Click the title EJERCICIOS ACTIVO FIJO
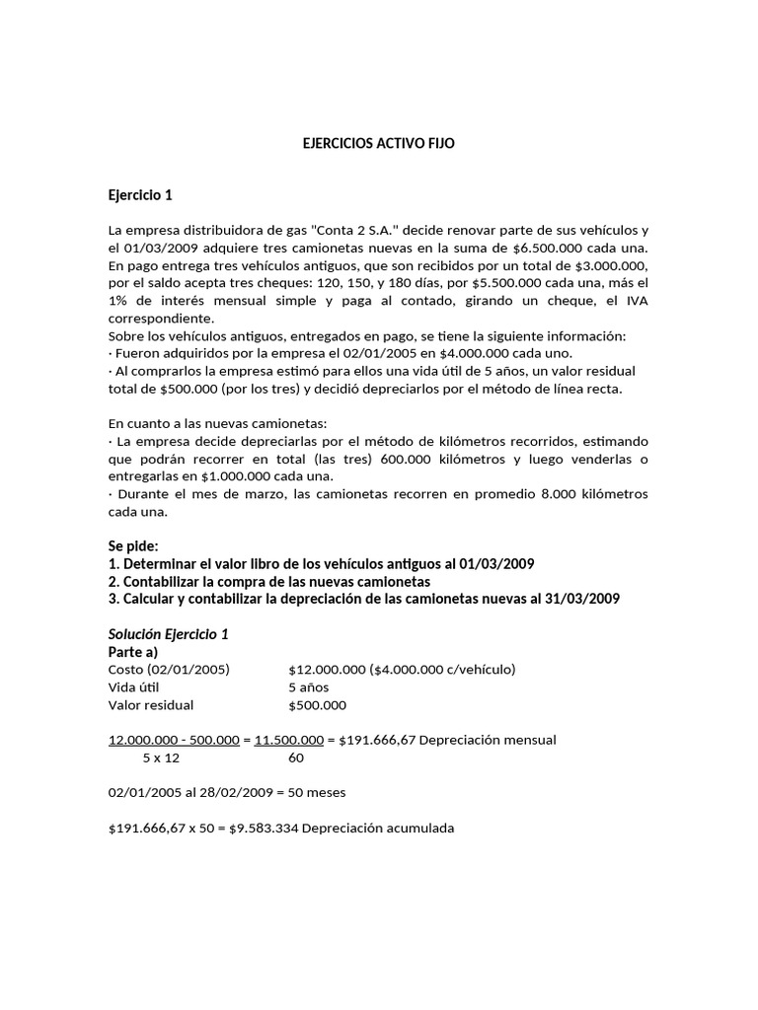(x=379, y=143)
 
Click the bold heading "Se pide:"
(x=133, y=545)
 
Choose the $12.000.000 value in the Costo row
(x=327, y=670)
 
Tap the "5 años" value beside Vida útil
(x=309, y=687)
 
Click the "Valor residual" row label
(x=151, y=705)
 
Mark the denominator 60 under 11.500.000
(x=296, y=758)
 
